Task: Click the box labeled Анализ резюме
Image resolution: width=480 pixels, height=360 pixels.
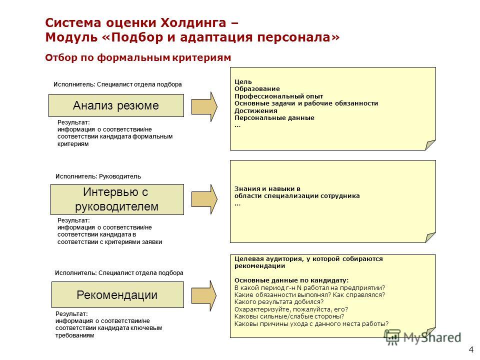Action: tap(116, 105)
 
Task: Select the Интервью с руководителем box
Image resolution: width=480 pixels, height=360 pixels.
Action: tap(117, 199)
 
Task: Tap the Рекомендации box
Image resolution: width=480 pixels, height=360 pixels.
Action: tap(117, 295)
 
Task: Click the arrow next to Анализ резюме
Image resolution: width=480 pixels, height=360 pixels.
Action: tap(204, 106)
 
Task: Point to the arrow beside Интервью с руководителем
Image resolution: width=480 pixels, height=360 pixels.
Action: tap(204, 199)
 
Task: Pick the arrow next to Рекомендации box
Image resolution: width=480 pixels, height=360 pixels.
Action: tap(204, 295)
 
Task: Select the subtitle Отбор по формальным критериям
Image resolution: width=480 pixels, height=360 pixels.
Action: tap(138, 57)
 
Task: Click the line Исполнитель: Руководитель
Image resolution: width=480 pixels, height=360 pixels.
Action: tap(98, 176)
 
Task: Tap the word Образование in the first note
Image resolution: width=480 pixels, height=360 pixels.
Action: tap(257, 89)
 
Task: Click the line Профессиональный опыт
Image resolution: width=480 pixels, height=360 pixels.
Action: tap(279, 96)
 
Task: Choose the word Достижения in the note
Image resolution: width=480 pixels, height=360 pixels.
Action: tap(256, 110)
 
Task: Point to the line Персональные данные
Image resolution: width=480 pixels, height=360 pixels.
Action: tap(274, 118)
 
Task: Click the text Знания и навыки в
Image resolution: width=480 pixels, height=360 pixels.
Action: tap(267, 188)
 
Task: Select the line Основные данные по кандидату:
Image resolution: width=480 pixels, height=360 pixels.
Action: tap(291, 280)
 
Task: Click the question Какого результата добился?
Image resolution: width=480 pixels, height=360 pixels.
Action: tap(279, 302)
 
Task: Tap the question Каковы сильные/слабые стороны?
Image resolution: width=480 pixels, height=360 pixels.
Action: tap(289, 316)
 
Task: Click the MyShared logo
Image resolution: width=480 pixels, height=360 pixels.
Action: tap(423, 337)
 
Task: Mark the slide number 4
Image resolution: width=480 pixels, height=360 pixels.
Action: tap(471, 349)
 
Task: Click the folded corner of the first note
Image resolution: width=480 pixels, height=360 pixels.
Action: tap(430, 144)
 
